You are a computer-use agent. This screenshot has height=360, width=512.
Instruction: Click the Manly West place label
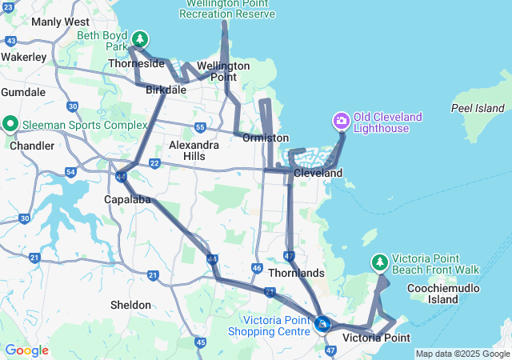point(60,22)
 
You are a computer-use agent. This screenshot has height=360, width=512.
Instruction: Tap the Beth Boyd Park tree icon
point(140,39)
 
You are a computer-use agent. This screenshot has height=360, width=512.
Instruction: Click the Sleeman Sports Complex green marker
point(10,124)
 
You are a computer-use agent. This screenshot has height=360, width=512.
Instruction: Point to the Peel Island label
point(478,108)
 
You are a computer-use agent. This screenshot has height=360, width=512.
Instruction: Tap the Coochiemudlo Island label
point(442,294)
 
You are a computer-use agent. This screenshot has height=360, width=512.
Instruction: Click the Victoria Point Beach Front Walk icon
point(380,262)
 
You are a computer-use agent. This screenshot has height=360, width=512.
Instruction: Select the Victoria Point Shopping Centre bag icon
point(322,324)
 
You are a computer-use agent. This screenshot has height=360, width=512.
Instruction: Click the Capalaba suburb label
point(127,199)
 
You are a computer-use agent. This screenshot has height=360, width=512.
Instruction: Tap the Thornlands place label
point(297,273)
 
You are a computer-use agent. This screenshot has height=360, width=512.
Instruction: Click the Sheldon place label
point(131,305)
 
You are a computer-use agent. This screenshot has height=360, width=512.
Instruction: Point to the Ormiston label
point(266,138)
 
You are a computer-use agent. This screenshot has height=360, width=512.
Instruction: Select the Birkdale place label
point(166,90)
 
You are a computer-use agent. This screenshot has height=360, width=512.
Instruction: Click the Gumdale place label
point(23,92)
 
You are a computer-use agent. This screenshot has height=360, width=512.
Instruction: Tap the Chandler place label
point(32,146)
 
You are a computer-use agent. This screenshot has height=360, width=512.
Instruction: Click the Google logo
point(26,350)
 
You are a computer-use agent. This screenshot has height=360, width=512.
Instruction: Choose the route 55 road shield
point(200,127)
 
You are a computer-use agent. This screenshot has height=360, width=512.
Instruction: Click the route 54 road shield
point(70,173)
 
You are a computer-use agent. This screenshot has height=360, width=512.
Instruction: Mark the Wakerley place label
point(23,57)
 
